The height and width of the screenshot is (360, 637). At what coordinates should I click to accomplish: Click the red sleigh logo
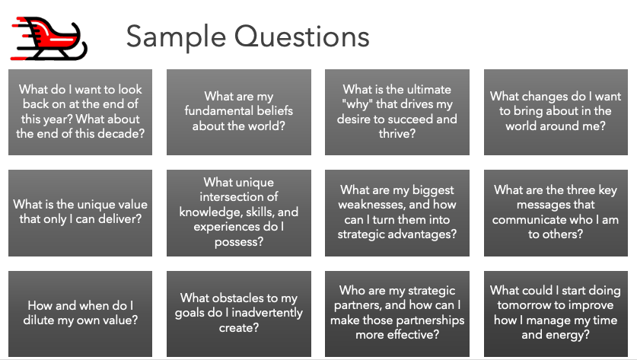[x=49, y=39]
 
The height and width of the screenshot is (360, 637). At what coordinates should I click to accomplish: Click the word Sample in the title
[x=176, y=37]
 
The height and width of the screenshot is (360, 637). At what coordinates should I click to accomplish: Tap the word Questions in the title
[x=302, y=37]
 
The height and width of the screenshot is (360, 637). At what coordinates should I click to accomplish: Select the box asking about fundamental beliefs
[x=239, y=112]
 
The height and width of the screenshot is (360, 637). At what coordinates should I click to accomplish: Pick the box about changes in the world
[x=556, y=112]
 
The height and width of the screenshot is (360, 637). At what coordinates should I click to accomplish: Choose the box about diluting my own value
[x=81, y=314]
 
